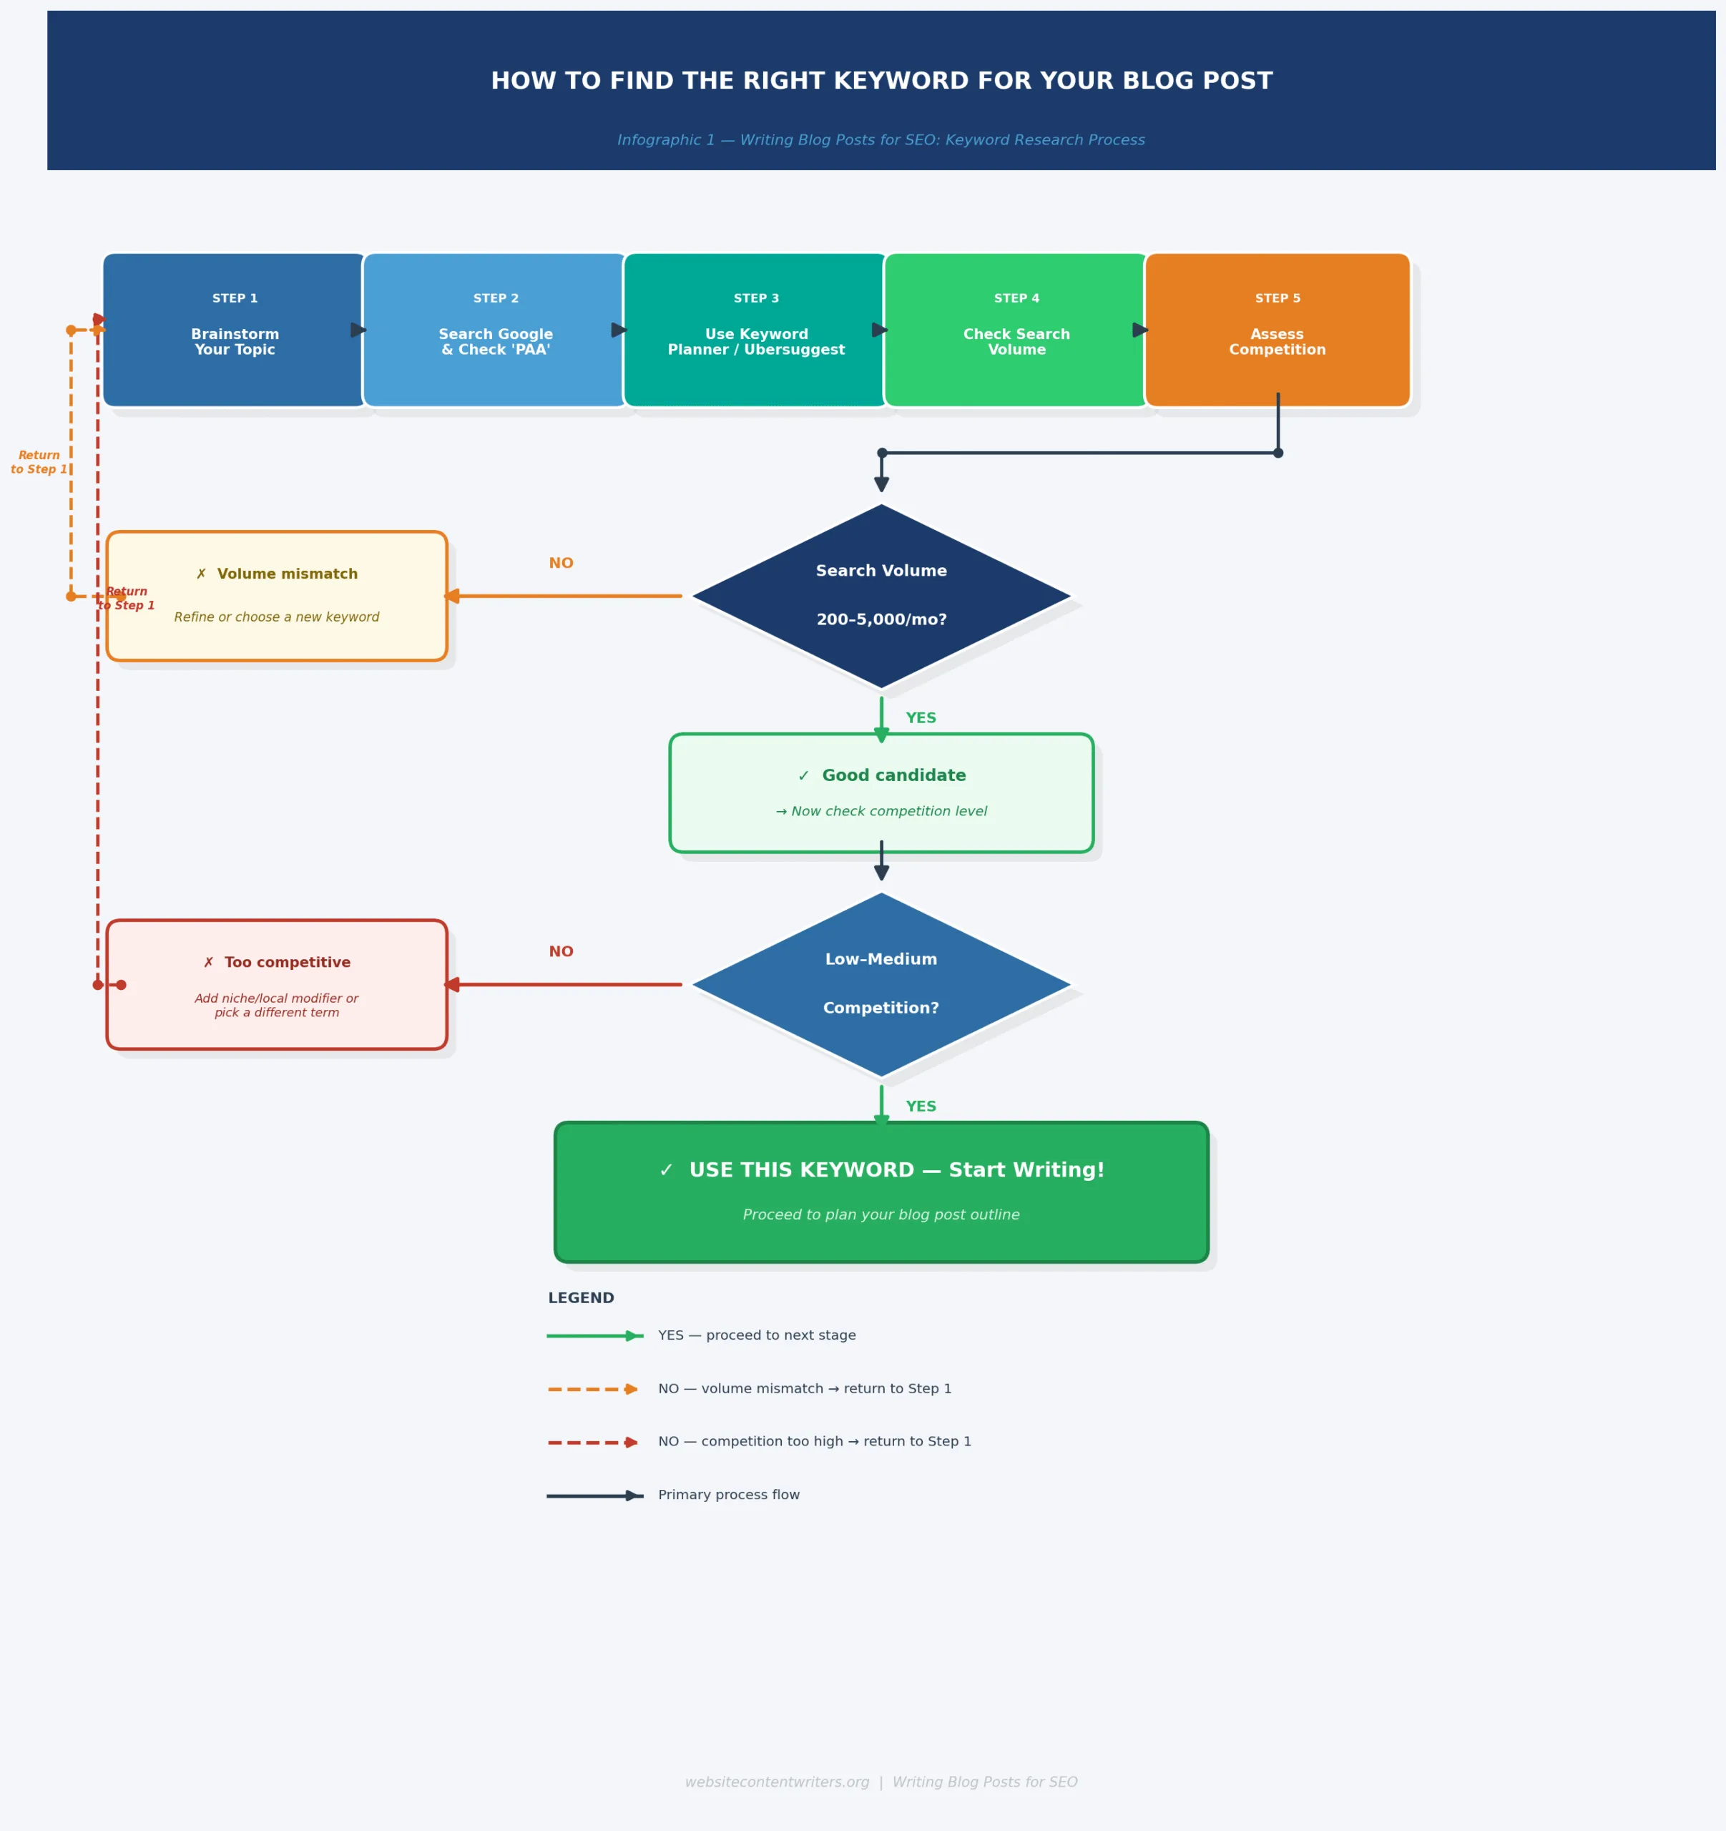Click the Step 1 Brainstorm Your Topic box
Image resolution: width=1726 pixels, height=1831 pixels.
(235, 330)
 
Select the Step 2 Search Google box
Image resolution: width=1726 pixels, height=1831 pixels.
(496, 330)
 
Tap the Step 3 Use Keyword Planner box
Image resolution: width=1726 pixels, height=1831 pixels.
(755, 330)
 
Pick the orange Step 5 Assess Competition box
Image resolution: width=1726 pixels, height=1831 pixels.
(1277, 330)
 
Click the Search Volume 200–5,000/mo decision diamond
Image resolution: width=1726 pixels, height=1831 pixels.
(881, 596)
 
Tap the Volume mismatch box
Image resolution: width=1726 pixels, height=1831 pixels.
(276, 596)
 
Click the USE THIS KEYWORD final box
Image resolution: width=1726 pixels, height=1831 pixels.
(881, 1191)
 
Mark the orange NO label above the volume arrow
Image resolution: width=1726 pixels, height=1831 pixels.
(561, 563)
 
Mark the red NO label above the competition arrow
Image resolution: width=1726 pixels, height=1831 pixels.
(561, 951)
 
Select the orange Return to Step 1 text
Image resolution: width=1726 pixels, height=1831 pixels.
(39, 461)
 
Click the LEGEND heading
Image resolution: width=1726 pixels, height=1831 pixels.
(580, 1297)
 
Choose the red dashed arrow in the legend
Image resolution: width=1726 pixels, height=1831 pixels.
(592, 1443)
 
